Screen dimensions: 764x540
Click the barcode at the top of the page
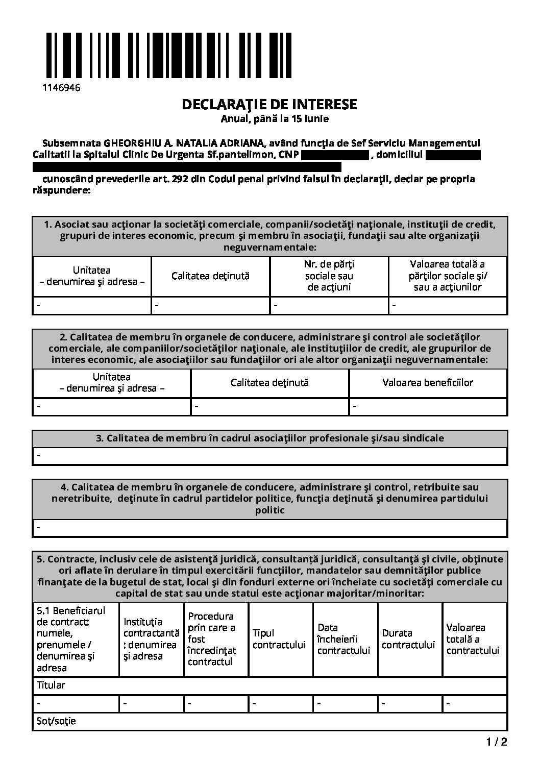tap(169, 56)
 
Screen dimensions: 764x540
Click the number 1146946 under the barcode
tap(61, 87)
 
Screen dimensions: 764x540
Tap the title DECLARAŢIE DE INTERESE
tap(269, 105)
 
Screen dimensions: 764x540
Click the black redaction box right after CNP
tap(335, 154)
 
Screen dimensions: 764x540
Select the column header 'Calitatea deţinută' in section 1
tap(210, 276)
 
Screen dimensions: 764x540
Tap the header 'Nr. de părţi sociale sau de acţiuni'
tap(329, 276)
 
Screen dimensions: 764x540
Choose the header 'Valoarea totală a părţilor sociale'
tap(448, 276)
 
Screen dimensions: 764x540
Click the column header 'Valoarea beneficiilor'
tap(428, 382)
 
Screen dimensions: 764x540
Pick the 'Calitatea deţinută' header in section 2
tap(269, 382)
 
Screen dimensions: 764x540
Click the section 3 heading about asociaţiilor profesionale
tap(269, 438)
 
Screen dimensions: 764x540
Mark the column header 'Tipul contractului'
tap(279, 639)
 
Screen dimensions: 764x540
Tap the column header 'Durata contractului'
tap(408, 639)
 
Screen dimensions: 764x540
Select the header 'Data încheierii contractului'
tap(343, 639)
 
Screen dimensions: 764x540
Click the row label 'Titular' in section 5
tap(51, 685)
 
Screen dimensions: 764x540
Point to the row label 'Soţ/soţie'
tap(56, 721)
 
